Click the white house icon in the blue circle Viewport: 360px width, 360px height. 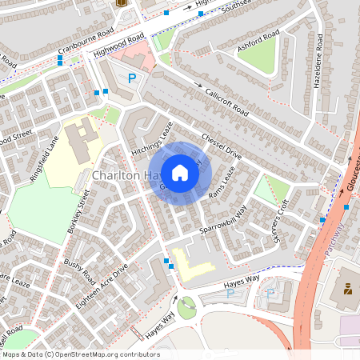[180, 172]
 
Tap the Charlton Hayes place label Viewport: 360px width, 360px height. [120, 174]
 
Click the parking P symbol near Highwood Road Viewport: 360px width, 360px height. [132, 78]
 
